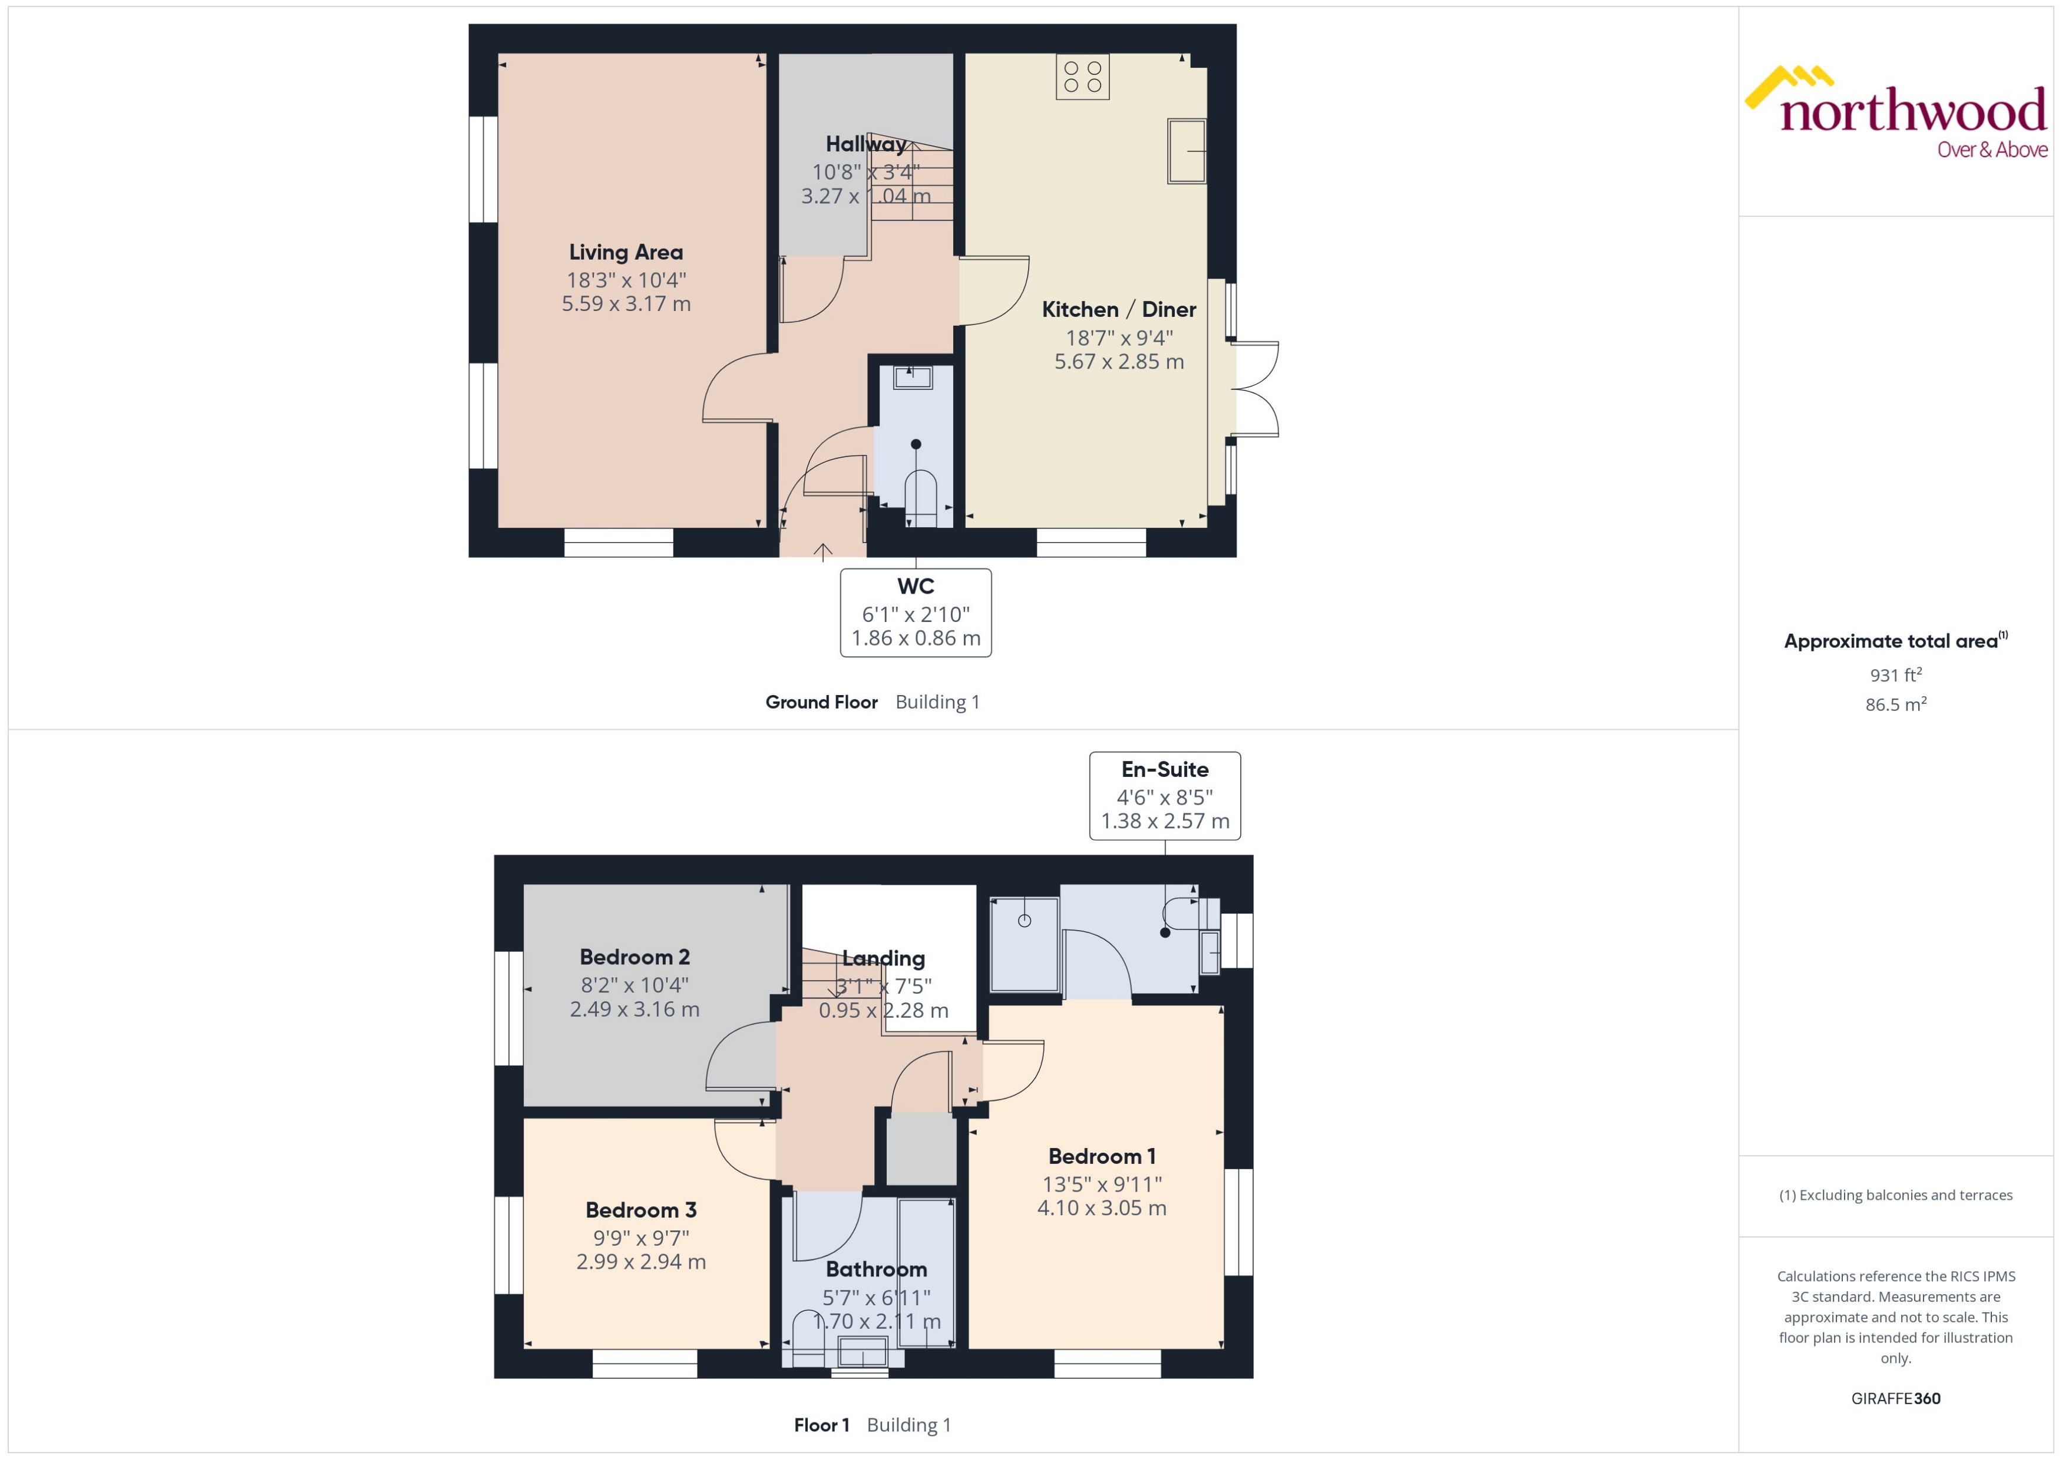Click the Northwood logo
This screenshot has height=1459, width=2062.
(1896, 113)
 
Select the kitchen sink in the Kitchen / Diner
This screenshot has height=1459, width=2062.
(1186, 151)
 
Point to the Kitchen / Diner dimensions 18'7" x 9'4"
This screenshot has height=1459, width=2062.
(1119, 338)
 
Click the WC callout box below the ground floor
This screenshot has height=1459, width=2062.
(916, 613)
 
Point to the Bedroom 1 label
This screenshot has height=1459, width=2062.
(1102, 1156)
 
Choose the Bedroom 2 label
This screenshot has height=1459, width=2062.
(635, 957)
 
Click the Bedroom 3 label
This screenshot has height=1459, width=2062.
(640, 1210)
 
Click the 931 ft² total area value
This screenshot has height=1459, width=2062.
(1896, 674)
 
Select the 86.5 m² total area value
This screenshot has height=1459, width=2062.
(1896, 704)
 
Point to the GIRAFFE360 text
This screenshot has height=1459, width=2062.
(1896, 1399)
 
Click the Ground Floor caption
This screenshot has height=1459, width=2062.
(821, 703)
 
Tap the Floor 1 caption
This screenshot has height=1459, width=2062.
(821, 1425)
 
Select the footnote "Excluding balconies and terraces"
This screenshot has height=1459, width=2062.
(1896, 1195)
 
